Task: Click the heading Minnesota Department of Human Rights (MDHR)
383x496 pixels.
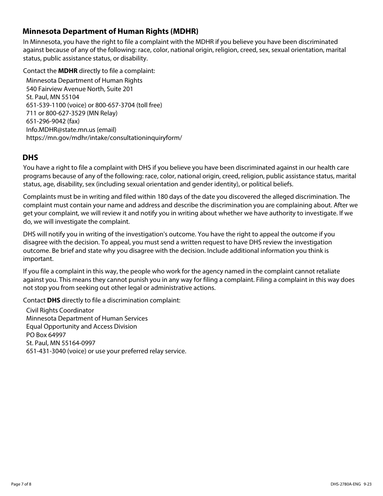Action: click(110, 31)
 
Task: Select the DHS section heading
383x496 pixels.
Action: click(30, 157)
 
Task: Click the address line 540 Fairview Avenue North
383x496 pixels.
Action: click(79, 89)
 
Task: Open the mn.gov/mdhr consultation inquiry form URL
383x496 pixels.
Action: click(104, 138)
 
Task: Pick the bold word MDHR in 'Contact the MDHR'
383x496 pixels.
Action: click(68, 71)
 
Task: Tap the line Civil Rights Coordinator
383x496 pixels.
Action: click(60, 310)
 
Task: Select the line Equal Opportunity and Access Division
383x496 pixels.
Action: click(81, 326)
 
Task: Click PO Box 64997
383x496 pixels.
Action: click(46, 335)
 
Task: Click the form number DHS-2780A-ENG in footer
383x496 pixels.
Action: click(342, 484)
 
